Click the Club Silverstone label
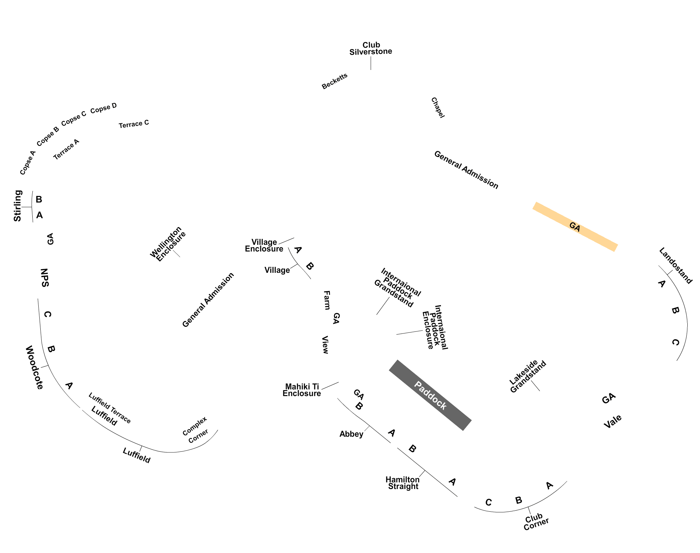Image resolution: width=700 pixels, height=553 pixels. point(371,48)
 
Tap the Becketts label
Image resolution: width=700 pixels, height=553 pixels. point(334,81)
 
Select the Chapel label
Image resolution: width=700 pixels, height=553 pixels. point(438,108)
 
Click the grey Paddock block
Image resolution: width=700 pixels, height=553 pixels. point(430,395)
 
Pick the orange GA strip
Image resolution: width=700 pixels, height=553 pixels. point(575,227)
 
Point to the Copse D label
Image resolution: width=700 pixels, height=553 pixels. point(103,108)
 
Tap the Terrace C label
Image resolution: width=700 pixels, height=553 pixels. point(134,124)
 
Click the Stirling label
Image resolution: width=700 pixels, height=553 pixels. point(17,206)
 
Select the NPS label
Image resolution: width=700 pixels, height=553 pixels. point(45,277)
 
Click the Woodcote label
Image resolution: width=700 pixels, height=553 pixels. point(34,367)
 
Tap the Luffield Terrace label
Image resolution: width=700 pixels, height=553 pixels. point(110,408)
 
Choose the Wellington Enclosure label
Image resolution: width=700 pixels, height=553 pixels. point(168,244)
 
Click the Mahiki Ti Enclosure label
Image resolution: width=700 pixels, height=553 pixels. point(302,390)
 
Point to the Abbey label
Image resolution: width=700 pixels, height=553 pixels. point(351,434)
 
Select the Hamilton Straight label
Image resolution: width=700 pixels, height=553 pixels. point(403,483)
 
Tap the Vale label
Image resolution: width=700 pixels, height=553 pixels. point(613,421)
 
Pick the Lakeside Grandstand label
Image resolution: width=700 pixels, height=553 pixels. point(528,376)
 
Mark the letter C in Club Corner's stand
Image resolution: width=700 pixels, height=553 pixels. point(489,502)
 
